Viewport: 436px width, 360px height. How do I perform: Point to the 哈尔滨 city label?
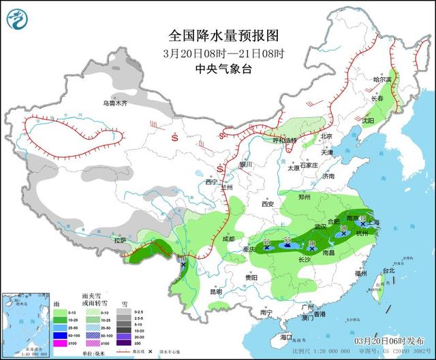(x=382, y=80)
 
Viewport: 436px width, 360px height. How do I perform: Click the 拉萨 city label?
(x=120, y=240)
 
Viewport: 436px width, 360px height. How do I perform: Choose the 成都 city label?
(x=228, y=239)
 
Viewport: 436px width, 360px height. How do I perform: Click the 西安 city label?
(x=267, y=203)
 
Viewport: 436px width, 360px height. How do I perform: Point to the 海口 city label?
(x=286, y=337)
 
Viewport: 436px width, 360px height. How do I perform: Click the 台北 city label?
(x=388, y=270)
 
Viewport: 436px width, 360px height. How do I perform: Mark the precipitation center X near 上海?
(x=363, y=223)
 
